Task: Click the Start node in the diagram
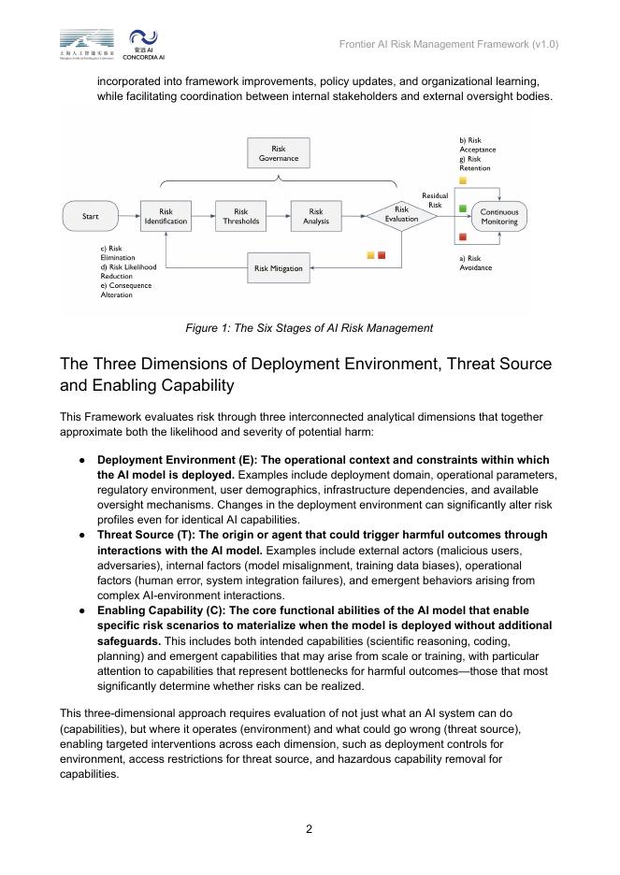[x=90, y=217]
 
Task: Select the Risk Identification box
[x=166, y=217]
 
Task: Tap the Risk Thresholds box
[x=240, y=217]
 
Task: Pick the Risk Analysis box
[x=316, y=217]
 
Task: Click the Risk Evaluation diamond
[x=401, y=217]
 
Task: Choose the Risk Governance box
[x=278, y=153]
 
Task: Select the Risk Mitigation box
[x=278, y=268]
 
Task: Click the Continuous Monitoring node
[x=498, y=217]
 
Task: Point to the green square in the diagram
[x=463, y=208]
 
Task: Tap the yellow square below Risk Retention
[x=463, y=180]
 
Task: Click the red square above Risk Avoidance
[x=463, y=237]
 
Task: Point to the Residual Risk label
[x=434, y=200]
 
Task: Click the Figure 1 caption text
[x=309, y=328]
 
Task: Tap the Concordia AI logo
[x=143, y=44]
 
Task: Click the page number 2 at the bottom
[x=310, y=827]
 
